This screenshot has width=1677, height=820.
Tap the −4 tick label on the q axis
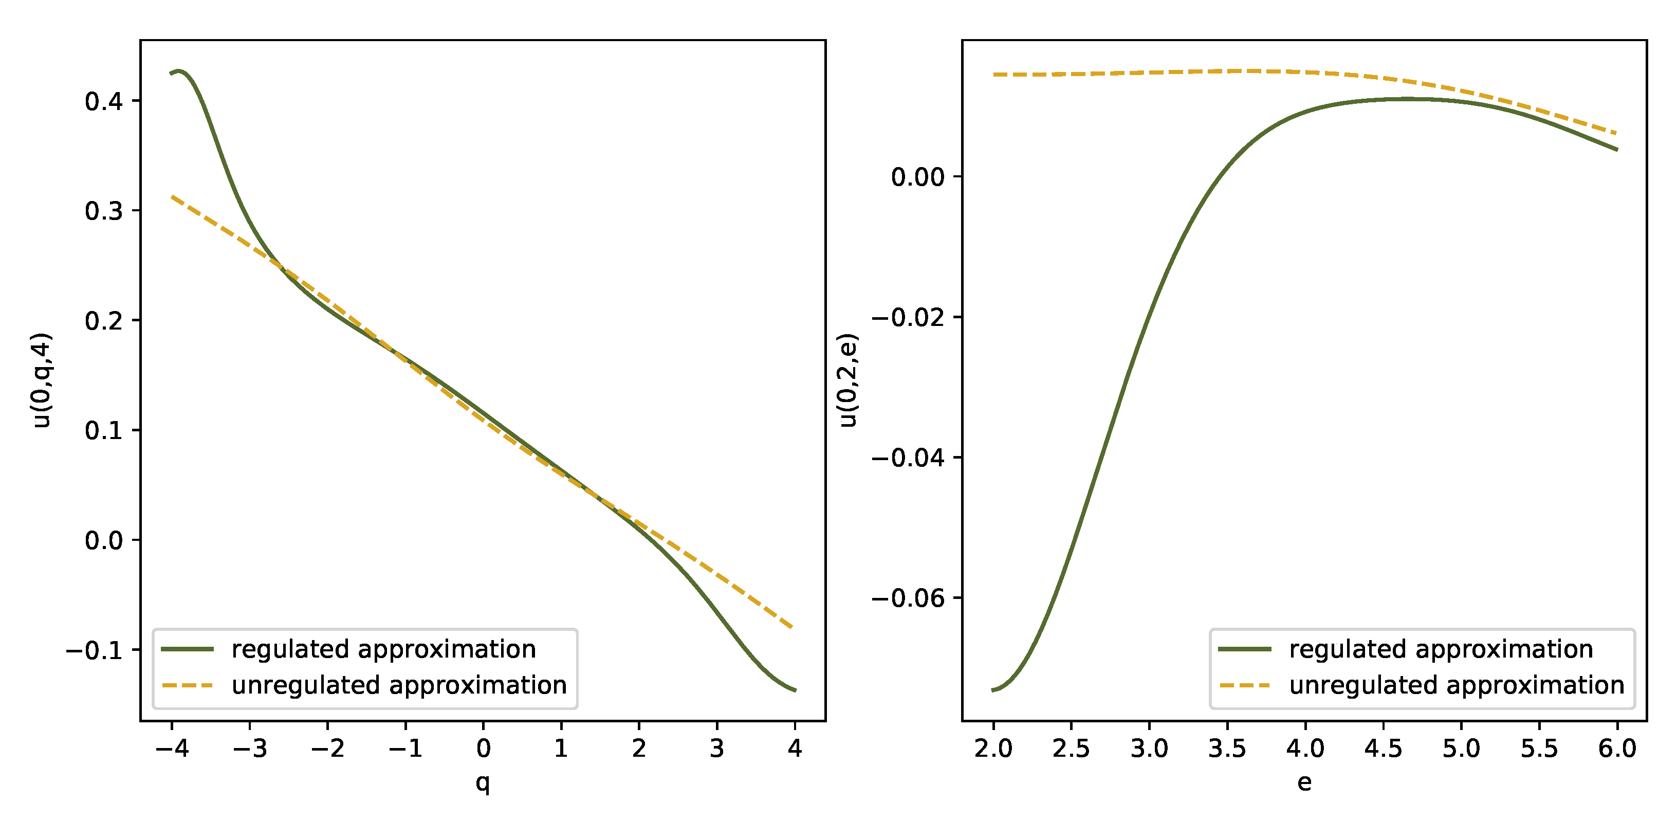[172, 749]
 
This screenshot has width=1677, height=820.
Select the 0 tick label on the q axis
[483, 749]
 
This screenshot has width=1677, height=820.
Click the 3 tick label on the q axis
[717, 749]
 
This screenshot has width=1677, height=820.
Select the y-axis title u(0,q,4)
[42, 380]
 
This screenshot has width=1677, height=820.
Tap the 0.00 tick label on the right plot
[917, 176]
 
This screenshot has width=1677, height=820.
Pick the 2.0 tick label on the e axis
[993, 749]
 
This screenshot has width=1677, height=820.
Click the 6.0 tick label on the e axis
[1617, 749]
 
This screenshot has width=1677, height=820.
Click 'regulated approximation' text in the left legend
[383, 649]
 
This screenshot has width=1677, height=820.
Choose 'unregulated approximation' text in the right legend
[1457, 685]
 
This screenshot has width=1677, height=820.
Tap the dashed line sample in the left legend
[188, 685]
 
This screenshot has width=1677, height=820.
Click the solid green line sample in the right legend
[1245, 649]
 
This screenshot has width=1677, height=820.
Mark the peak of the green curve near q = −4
[178, 70]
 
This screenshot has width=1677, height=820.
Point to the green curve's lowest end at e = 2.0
[993, 690]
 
